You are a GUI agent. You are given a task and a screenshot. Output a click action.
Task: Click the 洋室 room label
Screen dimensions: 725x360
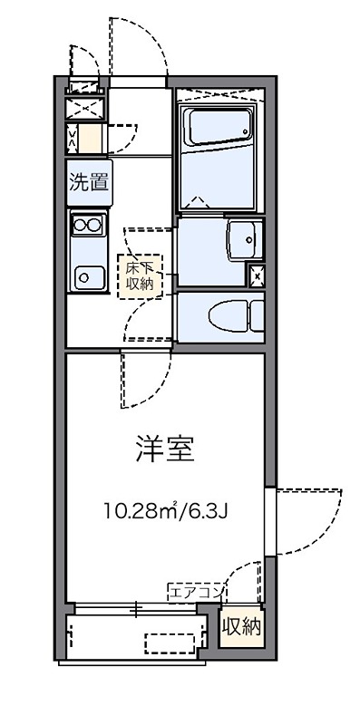pyautogui.click(x=165, y=449)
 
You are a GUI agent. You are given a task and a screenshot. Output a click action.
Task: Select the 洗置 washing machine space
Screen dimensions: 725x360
pyautogui.click(x=87, y=181)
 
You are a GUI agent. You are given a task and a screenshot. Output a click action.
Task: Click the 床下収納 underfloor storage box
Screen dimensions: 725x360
pyautogui.click(x=140, y=276)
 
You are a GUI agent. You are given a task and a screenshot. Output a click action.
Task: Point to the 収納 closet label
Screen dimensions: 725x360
pyautogui.click(x=242, y=626)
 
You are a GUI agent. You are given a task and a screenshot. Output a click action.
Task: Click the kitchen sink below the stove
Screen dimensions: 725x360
pyautogui.click(x=87, y=275)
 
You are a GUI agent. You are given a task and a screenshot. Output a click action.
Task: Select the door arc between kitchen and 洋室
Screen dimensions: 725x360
pyautogui.click(x=141, y=381)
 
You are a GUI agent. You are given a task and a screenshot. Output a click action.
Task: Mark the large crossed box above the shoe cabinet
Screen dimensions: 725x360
pyautogui.click(x=86, y=107)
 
